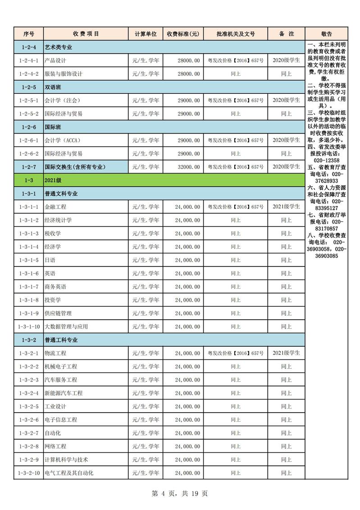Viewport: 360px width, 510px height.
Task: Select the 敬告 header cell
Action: [x=327, y=34]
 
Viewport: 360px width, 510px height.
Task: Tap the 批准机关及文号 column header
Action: [x=235, y=34]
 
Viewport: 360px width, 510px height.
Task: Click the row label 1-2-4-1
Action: [x=29, y=60]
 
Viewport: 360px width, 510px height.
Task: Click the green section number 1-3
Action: [x=29, y=180]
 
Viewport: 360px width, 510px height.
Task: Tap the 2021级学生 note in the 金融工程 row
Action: [x=286, y=207]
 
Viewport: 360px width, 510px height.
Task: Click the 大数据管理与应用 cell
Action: [x=66, y=326]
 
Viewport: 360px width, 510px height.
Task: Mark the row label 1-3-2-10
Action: [x=29, y=473]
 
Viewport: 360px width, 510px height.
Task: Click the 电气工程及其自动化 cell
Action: [x=69, y=473]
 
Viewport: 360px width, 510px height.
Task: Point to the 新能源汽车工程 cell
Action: [x=64, y=393]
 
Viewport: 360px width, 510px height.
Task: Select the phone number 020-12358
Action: [x=327, y=161]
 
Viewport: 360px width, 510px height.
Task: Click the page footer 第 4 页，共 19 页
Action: [x=180, y=493]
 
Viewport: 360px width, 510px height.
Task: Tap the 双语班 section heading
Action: [x=52, y=87]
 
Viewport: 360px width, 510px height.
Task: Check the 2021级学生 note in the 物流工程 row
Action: [x=286, y=353]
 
